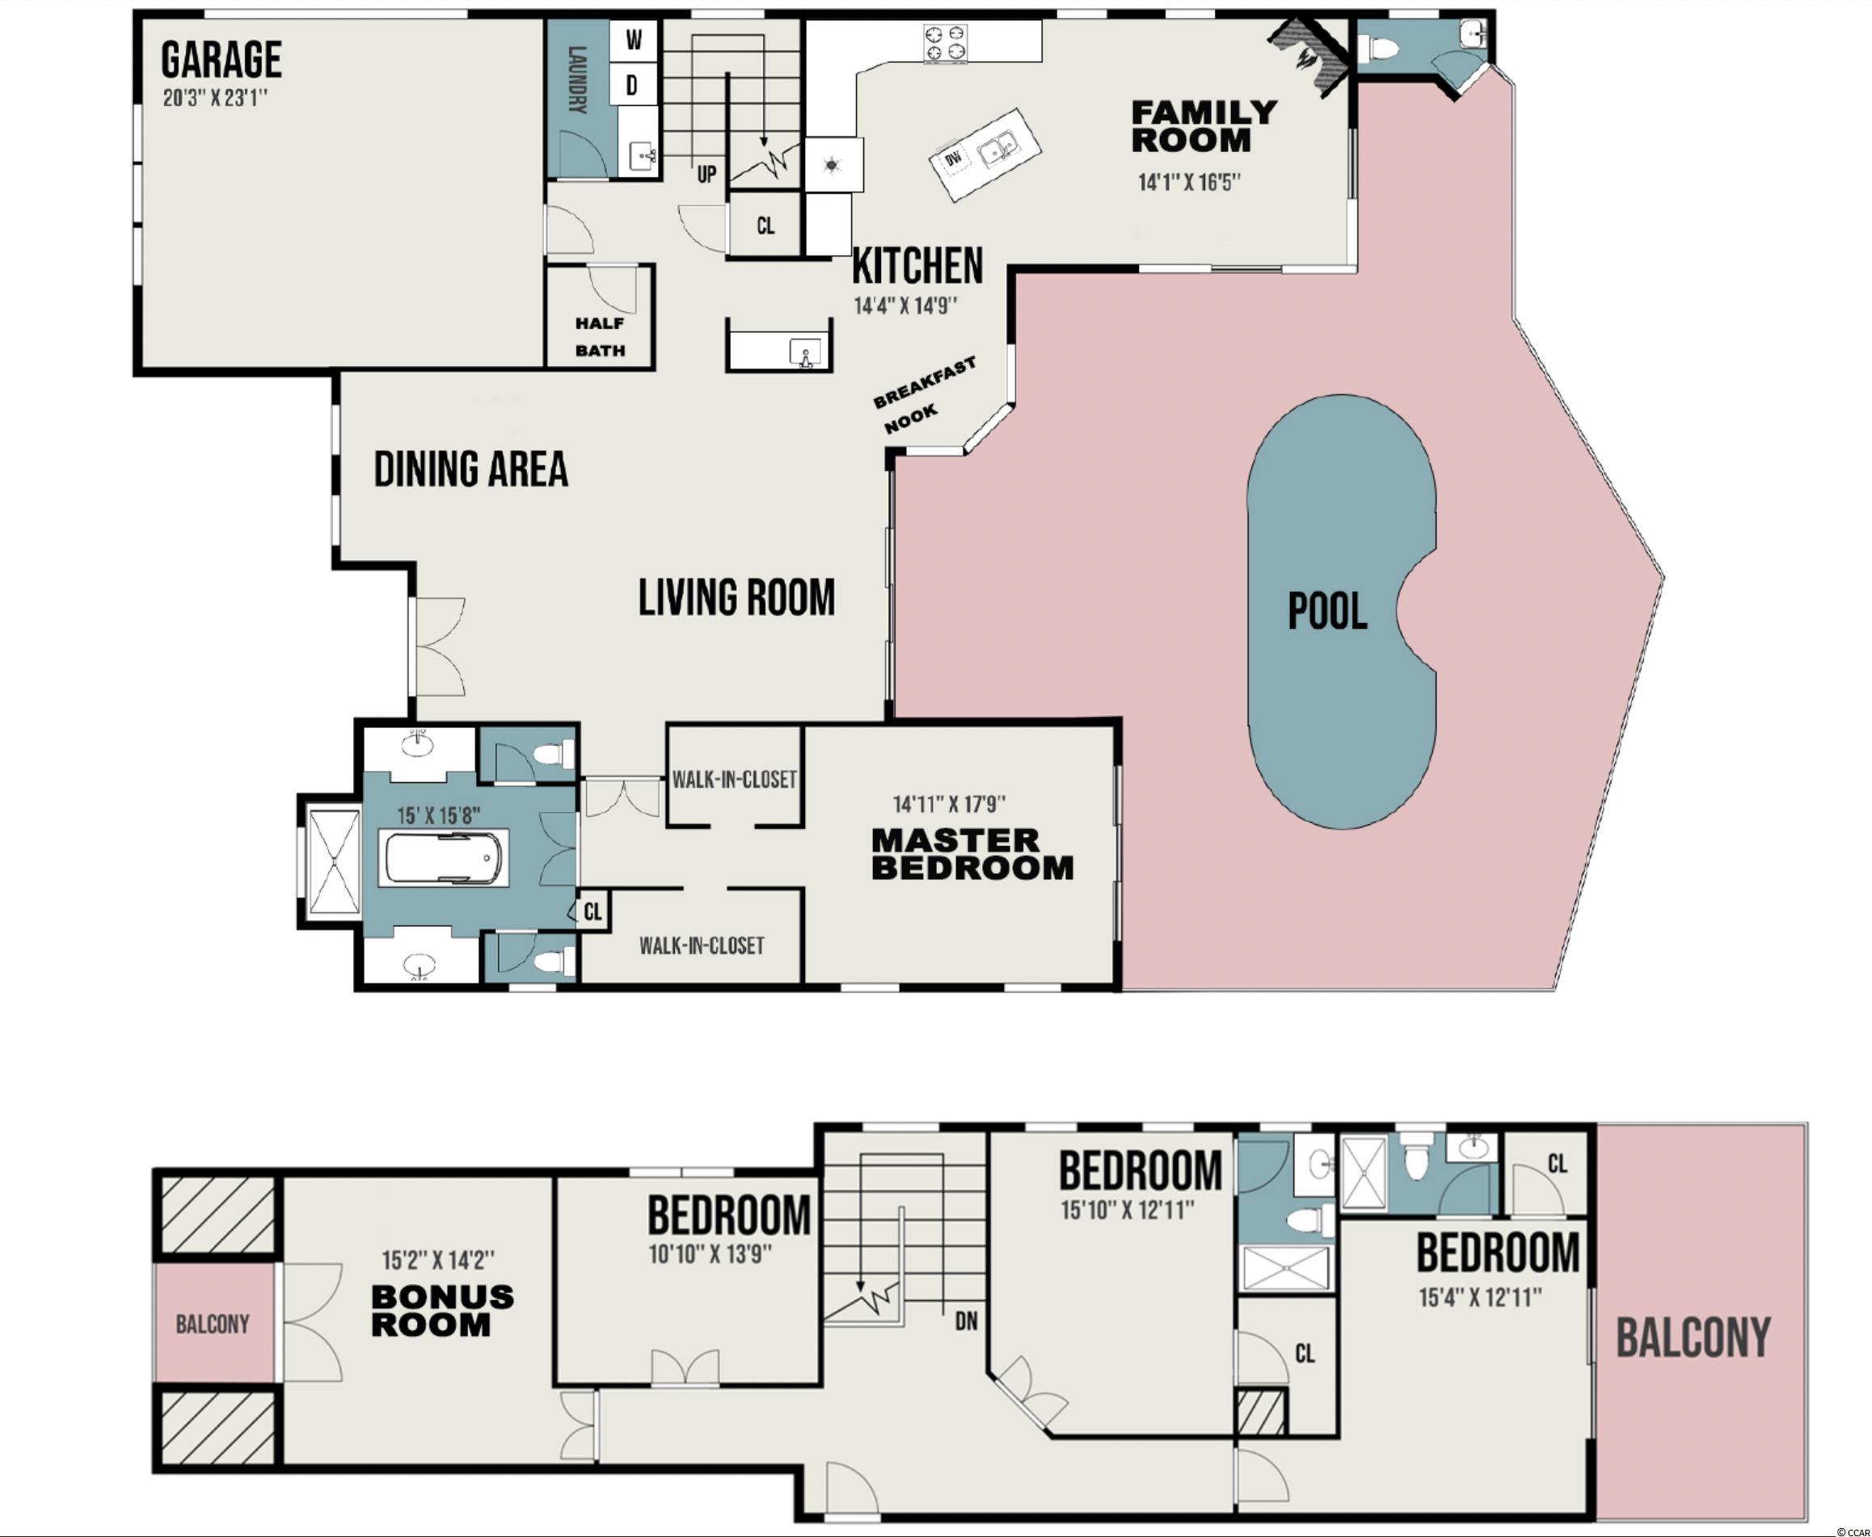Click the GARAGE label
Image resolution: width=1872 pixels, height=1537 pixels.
click(221, 61)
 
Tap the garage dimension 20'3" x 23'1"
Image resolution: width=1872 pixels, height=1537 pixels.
click(215, 98)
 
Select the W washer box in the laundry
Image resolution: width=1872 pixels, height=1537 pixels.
click(634, 40)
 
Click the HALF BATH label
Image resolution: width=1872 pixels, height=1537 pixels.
click(601, 337)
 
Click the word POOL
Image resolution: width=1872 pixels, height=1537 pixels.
click(1327, 611)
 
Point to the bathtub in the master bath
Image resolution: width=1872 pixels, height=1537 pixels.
click(444, 857)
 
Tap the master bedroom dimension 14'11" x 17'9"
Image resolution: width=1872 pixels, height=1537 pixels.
click(949, 804)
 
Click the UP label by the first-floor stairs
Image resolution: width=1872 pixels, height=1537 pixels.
click(706, 175)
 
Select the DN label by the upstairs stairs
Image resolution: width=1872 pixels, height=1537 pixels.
click(966, 1321)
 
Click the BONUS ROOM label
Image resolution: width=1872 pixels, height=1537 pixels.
click(443, 1311)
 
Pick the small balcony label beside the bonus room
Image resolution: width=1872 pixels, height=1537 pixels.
click(213, 1324)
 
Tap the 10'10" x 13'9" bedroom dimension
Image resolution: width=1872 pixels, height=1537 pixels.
click(711, 1253)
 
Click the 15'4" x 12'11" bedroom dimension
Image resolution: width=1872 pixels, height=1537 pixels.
click(1481, 1297)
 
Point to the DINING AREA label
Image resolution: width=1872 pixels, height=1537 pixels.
click(471, 470)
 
